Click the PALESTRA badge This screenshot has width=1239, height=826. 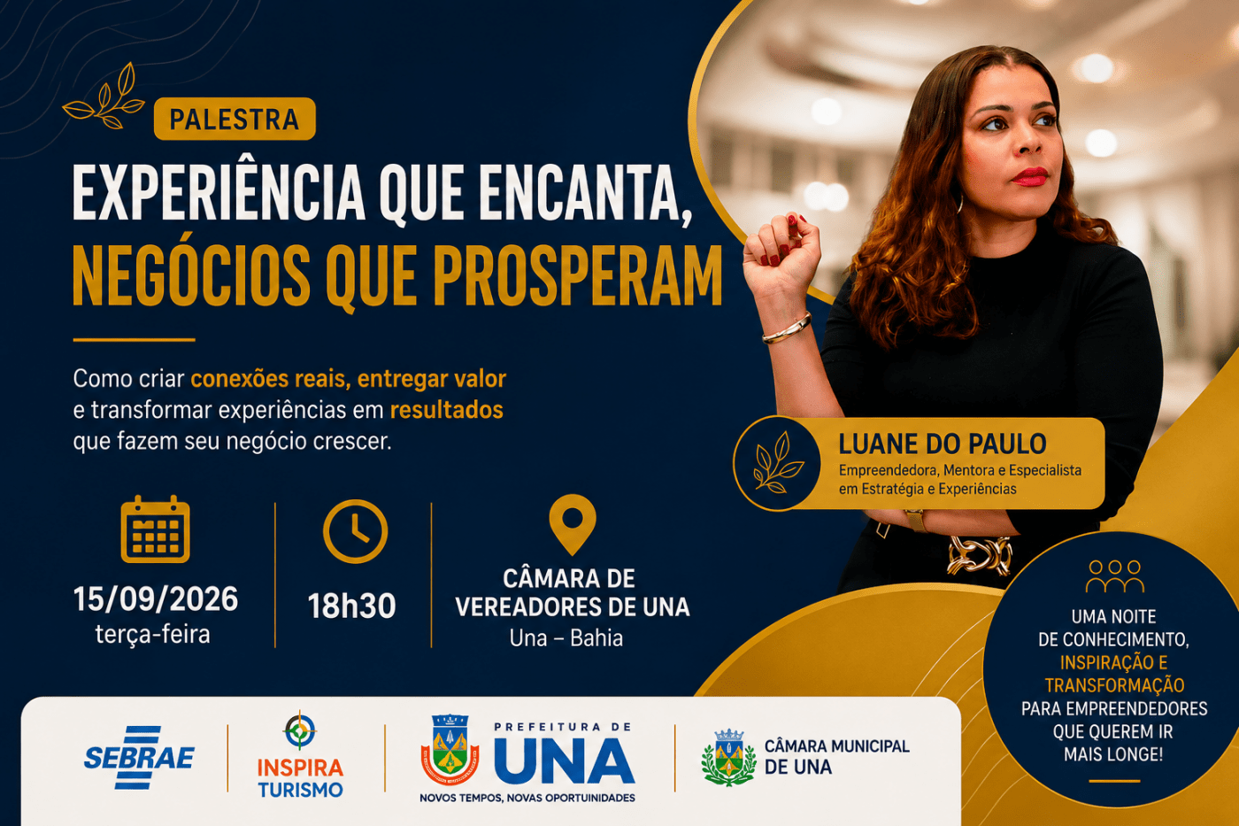click(x=235, y=119)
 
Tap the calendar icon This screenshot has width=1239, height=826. click(x=156, y=529)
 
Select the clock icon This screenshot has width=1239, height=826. click(x=355, y=532)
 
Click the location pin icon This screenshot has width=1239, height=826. click(x=573, y=523)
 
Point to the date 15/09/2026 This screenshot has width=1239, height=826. click(x=156, y=599)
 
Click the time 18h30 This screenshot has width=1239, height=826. click(x=352, y=606)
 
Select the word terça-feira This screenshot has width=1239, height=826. click(x=152, y=635)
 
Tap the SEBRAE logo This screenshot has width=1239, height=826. click(x=139, y=758)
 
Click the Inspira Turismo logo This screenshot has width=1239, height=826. click(x=300, y=755)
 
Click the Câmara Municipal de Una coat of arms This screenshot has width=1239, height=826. click(x=729, y=758)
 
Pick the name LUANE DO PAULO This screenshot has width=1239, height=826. click(x=943, y=444)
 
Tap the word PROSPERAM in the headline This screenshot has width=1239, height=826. click(x=577, y=275)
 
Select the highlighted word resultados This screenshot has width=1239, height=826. click(x=446, y=411)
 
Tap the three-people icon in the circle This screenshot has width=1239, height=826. click(x=1115, y=576)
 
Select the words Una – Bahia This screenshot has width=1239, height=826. click(x=566, y=638)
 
